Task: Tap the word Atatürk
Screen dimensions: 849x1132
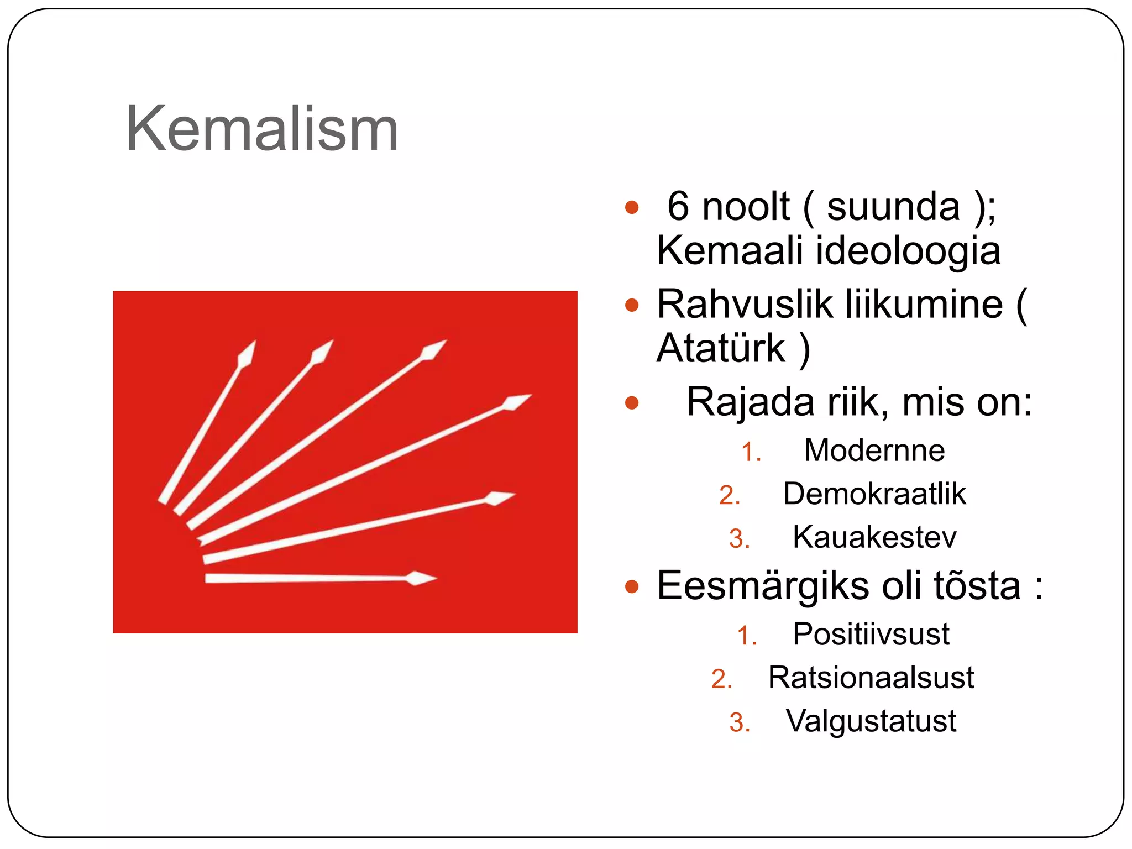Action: click(x=721, y=348)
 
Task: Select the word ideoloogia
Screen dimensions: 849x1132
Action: click(x=908, y=250)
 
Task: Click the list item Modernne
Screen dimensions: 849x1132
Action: click(x=874, y=450)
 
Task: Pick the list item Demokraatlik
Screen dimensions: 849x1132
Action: click(x=874, y=494)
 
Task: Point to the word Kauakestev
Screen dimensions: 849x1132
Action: click(x=874, y=537)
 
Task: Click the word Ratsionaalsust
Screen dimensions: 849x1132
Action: click(x=871, y=677)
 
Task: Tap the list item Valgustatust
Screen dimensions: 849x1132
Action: click(x=871, y=721)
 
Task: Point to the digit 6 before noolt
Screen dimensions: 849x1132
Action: click(x=678, y=206)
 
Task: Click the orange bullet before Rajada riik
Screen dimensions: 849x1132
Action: click(x=631, y=402)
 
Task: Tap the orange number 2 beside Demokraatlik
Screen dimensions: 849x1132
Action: click(x=729, y=495)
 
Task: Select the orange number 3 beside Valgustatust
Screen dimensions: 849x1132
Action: click(x=738, y=722)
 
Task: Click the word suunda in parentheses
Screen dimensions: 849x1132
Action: click(x=893, y=206)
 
